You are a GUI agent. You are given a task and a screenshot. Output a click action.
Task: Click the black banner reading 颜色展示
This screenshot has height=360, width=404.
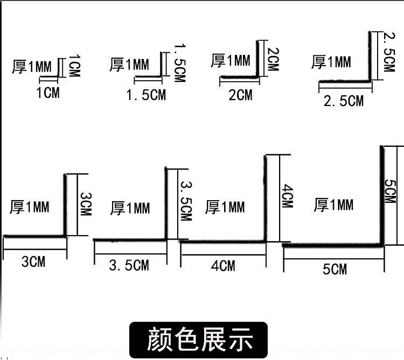click(x=198, y=340)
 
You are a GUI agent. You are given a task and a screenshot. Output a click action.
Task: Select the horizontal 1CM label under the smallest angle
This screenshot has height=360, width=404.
click(x=48, y=93)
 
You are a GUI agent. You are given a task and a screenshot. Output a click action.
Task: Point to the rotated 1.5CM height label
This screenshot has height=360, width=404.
click(x=180, y=63)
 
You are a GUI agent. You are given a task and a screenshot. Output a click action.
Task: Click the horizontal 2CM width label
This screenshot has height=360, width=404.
click(x=240, y=95)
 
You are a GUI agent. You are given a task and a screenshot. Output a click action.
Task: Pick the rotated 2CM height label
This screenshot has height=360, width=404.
click(x=273, y=59)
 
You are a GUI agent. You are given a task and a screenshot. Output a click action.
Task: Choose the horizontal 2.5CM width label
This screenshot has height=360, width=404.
click(x=344, y=101)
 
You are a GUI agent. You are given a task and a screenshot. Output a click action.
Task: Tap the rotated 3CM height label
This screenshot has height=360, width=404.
click(x=86, y=204)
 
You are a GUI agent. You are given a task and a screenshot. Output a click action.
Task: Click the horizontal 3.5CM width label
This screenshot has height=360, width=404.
click(x=129, y=265)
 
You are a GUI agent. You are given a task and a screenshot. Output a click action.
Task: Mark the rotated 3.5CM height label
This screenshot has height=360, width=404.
click(x=186, y=201)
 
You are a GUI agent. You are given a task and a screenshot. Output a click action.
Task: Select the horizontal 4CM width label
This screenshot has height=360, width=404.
click(x=223, y=266)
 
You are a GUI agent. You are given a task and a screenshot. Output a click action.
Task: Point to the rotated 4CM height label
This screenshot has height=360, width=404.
click(x=287, y=195)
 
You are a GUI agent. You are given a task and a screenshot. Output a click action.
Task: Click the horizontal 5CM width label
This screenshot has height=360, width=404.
click(x=335, y=269)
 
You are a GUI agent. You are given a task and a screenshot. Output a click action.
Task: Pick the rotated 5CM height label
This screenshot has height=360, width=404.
click(x=390, y=191)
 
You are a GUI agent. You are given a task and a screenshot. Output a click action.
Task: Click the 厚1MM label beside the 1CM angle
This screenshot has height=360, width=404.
click(x=32, y=67)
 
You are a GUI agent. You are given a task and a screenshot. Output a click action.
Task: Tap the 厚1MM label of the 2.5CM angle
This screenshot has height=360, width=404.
click(x=331, y=62)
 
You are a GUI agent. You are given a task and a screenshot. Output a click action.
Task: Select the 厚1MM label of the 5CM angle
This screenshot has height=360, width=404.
click(x=333, y=205)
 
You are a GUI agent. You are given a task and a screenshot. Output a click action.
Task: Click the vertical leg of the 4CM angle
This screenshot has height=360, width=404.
click(x=265, y=199)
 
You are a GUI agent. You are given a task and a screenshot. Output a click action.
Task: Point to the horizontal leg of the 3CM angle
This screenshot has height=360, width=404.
click(x=34, y=236)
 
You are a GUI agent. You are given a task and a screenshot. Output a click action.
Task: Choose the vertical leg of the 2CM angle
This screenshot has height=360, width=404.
click(x=257, y=59)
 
